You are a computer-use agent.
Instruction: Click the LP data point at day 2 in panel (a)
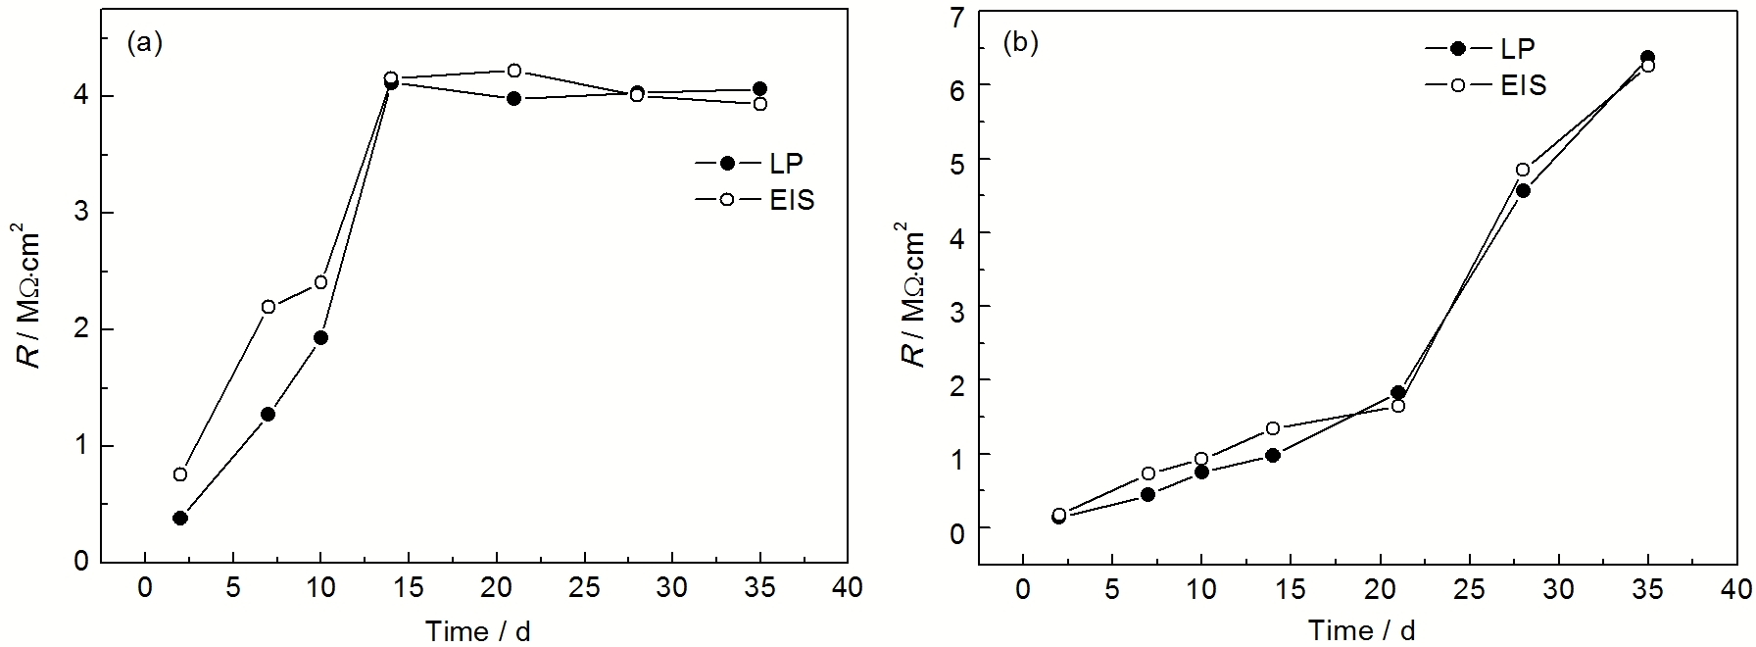coord(180,518)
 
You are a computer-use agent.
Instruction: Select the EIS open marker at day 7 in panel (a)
coord(268,307)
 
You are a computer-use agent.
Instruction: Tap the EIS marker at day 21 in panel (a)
coord(514,71)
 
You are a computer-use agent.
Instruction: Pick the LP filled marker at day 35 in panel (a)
coord(760,89)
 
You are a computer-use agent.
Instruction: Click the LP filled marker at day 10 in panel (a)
coord(320,338)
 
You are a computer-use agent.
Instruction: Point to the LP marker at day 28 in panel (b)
coord(1523,191)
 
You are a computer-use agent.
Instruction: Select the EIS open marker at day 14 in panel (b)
coord(1273,428)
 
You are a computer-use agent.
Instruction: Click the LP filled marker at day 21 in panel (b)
coord(1398,393)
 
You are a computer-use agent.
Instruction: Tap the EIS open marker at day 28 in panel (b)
coord(1523,170)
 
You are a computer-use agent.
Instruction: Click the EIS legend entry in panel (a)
coord(755,200)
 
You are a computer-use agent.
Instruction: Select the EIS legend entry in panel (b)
coord(1486,85)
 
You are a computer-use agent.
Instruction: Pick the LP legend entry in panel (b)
coord(1481,48)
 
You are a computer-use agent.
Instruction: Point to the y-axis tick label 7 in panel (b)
coord(957,14)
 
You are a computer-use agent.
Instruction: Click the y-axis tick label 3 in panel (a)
coord(82,213)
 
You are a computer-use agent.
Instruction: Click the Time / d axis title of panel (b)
coord(1361,630)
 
